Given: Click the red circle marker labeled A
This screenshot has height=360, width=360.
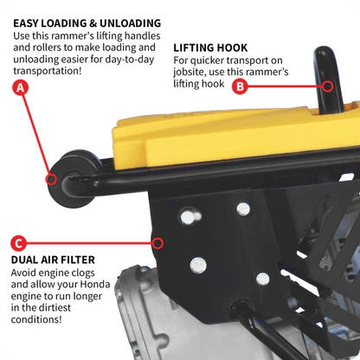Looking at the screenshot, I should point(18,87).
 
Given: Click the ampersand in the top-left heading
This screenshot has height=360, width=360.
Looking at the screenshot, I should point(95,22).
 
